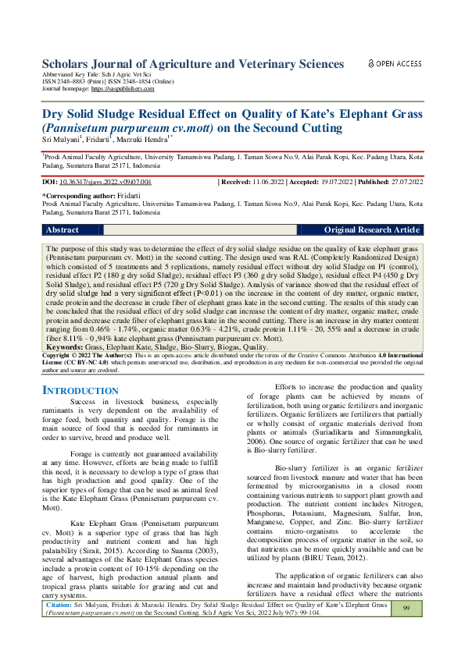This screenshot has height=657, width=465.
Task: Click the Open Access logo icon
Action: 372,64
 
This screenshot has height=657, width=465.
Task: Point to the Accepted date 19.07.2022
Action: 335,181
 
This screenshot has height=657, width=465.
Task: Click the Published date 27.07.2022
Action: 405,181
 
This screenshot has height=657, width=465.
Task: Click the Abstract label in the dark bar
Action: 63,230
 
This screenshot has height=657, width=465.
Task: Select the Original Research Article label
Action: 371,230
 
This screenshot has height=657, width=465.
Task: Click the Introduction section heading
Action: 80,390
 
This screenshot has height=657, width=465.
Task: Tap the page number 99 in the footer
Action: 406,630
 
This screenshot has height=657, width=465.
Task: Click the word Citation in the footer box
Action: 59,626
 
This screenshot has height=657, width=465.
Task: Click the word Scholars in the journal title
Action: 69,64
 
